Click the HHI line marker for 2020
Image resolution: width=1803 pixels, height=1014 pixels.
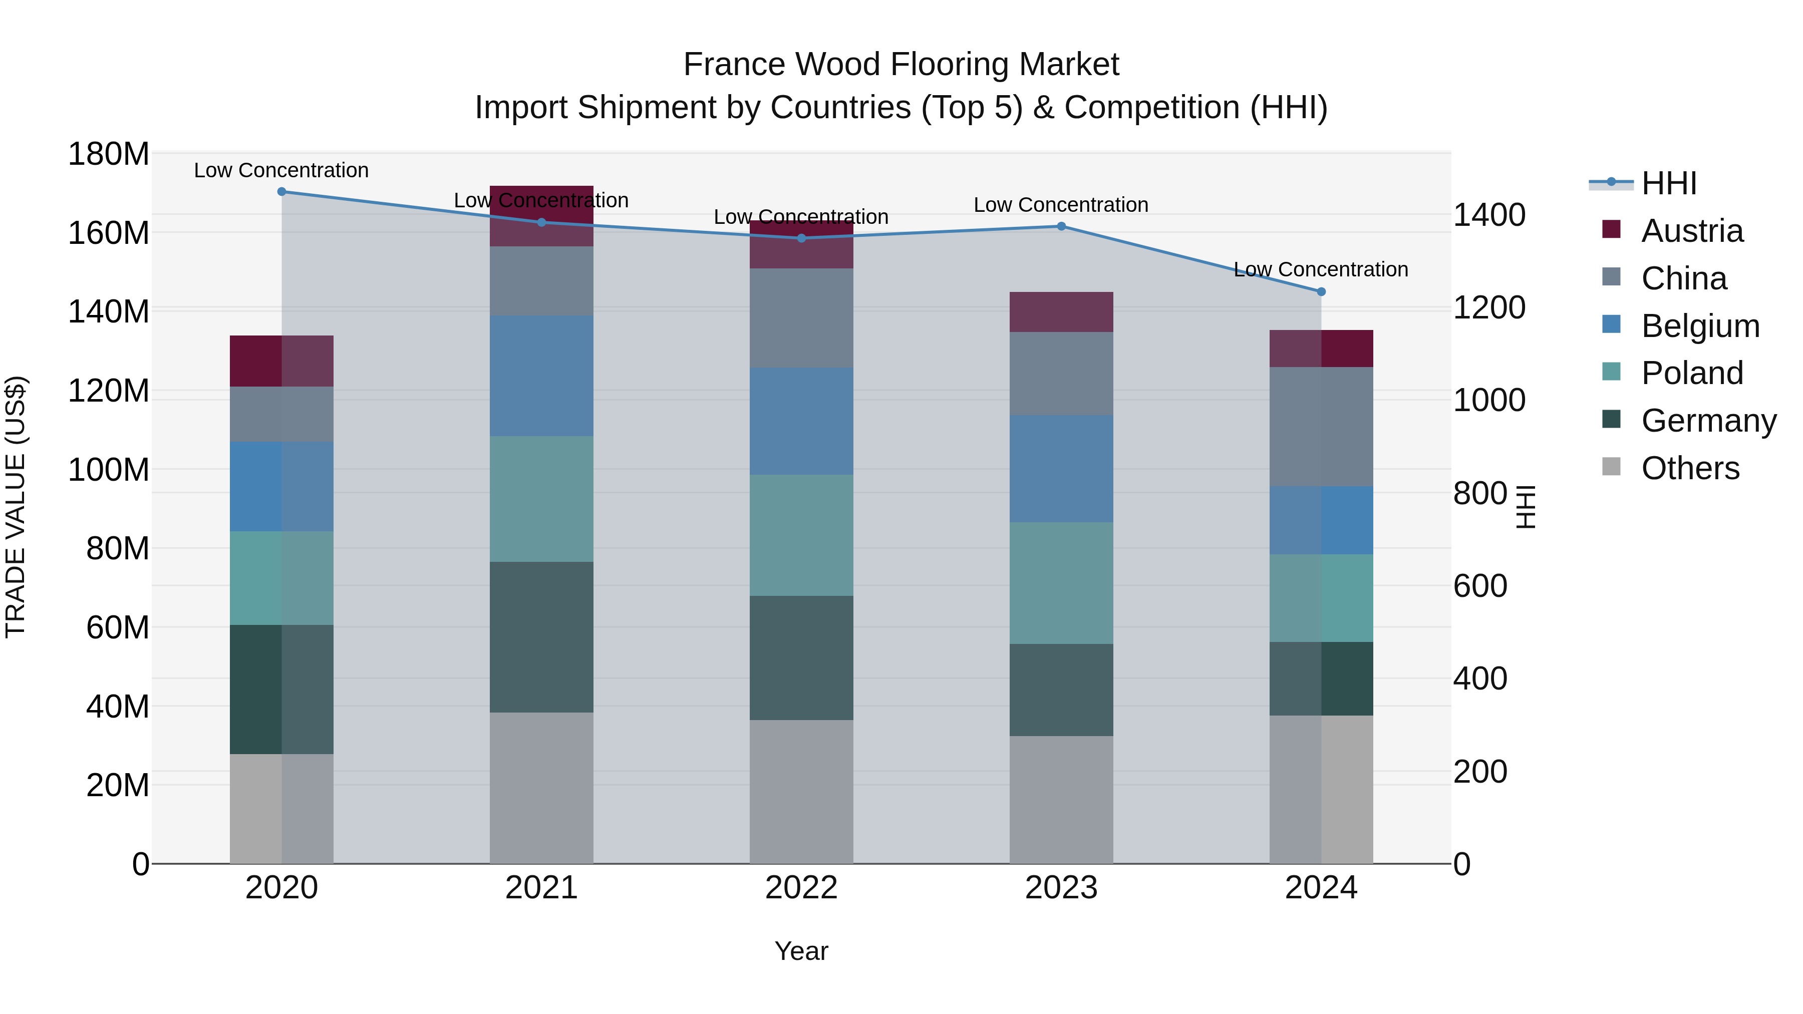[x=281, y=192]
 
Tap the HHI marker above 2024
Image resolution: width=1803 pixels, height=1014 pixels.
[x=1321, y=292]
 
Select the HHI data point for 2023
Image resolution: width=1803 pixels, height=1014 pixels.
[x=1061, y=226]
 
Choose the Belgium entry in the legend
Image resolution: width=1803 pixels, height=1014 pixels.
[x=1699, y=326]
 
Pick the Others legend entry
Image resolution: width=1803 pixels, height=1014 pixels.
[x=1690, y=468]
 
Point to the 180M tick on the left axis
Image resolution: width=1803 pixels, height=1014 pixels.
[x=109, y=154]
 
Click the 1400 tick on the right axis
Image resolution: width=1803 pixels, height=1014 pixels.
[x=1489, y=215]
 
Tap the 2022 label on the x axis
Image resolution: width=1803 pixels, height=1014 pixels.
[x=801, y=888]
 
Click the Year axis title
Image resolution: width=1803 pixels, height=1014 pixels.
[x=801, y=951]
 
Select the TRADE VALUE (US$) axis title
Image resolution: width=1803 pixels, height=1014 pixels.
[x=16, y=507]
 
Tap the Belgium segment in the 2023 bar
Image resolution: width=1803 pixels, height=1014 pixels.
[x=1061, y=469]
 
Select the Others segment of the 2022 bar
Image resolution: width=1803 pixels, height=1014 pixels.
[x=801, y=792]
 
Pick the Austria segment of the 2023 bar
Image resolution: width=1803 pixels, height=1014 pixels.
[x=1061, y=312]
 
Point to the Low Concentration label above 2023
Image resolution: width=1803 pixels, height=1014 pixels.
[x=1061, y=205]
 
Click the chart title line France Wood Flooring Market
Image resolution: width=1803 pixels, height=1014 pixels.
[x=901, y=65]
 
